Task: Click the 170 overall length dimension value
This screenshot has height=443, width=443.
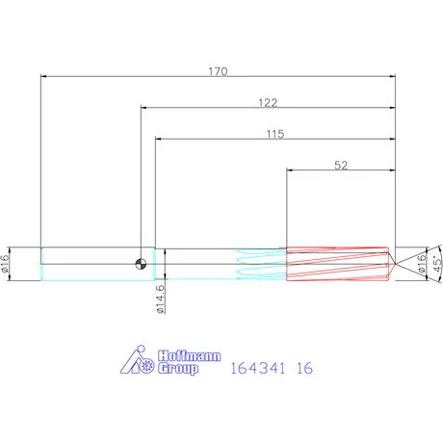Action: click(x=218, y=71)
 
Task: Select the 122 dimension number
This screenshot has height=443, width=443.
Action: click(x=268, y=102)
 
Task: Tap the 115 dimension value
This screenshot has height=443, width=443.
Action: click(x=275, y=134)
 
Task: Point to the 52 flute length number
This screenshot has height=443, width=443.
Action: click(x=341, y=165)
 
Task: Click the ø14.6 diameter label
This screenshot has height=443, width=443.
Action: click(x=160, y=299)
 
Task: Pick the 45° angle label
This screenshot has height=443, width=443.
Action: click(x=437, y=264)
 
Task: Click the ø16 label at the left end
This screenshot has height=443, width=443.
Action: click(x=5, y=264)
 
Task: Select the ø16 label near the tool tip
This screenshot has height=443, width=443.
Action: click(x=422, y=264)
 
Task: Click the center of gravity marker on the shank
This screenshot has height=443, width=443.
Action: click(x=141, y=264)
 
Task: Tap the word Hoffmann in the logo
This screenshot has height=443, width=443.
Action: click(x=190, y=356)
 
